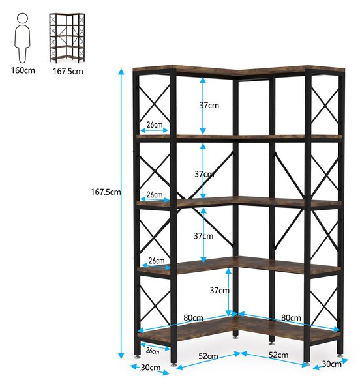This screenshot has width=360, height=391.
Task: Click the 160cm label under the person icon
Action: click(23, 70)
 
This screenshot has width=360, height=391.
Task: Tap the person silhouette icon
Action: click(23, 38)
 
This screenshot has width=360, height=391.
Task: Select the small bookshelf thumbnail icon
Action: click(67, 38)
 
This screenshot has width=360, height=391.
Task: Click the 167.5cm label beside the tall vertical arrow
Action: click(106, 192)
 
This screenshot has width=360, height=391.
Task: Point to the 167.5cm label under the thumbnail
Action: click(68, 71)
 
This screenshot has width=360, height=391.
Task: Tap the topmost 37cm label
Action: click(209, 105)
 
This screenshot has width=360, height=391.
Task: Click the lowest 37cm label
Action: click(220, 290)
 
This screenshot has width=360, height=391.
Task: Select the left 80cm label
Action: click(193, 318)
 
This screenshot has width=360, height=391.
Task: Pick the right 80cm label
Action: click(291, 318)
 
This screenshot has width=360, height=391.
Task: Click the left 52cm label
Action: click(208, 356)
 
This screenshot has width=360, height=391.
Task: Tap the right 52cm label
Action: click(278, 355)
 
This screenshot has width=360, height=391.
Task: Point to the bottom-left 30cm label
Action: click(151, 368)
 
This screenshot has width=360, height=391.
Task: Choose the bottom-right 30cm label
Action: click(331, 364)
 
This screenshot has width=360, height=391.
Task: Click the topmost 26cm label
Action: click(155, 124)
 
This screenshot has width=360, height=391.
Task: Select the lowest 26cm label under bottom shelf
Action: click(153, 351)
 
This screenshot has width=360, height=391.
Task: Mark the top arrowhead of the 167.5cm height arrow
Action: click(121, 72)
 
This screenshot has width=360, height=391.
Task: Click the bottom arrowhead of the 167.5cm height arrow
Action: click(121, 355)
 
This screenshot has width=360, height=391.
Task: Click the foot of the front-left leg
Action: click(174, 365)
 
